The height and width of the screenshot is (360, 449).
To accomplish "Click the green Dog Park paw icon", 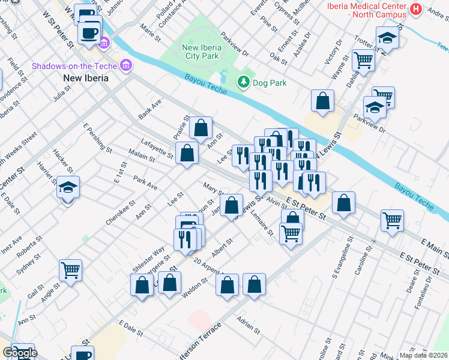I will (243, 82).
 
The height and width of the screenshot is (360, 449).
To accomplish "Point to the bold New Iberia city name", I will (86, 79).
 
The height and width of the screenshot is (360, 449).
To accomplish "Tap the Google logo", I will (20, 353).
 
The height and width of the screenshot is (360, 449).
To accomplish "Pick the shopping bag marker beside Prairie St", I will (201, 127).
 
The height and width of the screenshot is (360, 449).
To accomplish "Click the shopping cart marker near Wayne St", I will (363, 59).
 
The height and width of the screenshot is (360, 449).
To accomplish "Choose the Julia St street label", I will (62, 94).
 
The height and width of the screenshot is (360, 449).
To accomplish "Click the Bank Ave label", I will (150, 109).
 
